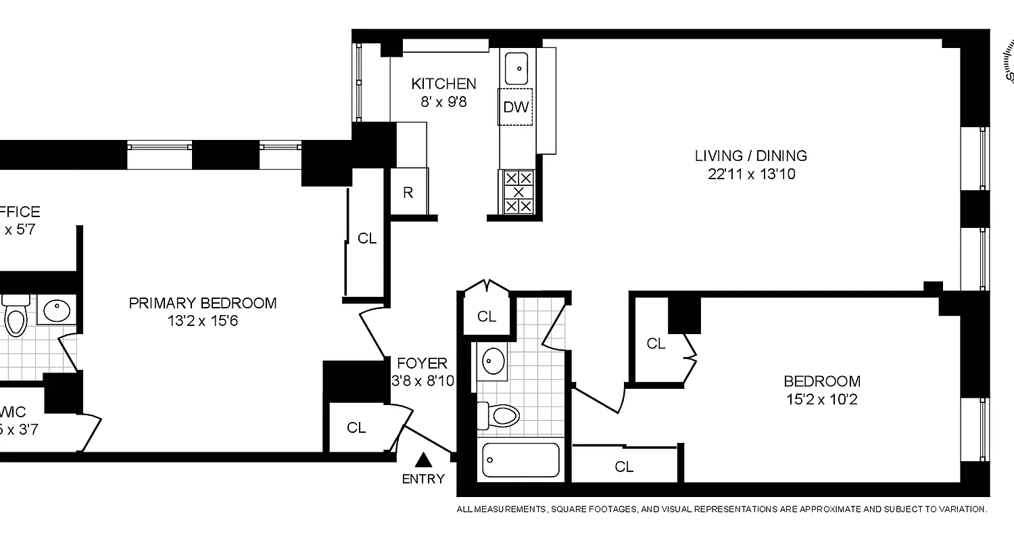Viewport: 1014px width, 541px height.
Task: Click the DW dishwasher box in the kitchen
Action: click(x=516, y=107)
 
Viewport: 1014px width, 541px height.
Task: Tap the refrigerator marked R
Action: click(x=408, y=193)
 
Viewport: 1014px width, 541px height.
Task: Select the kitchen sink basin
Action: click(x=517, y=68)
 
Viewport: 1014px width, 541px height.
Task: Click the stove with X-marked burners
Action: click(x=518, y=192)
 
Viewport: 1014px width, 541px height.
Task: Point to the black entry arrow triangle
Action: click(x=423, y=461)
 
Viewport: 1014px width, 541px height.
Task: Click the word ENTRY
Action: click(x=423, y=479)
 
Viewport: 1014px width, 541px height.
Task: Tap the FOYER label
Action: click(x=422, y=364)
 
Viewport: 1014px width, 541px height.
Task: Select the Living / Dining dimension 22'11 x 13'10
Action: click(x=750, y=174)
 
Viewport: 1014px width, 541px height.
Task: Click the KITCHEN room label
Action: click(x=443, y=84)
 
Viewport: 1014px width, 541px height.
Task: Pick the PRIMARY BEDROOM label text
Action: click(x=203, y=303)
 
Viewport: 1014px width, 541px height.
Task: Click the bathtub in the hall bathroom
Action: click(x=521, y=461)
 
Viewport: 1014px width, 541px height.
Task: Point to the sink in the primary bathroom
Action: click(x=56, y=310)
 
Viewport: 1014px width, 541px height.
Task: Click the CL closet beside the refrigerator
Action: click(x=367, y=239)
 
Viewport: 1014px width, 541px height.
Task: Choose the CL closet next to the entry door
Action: click(x=356, y=427)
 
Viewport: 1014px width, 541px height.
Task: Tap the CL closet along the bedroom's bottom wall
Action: click(x=624, y=467)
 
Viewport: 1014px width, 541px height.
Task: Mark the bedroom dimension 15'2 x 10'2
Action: click(x=821, y=400)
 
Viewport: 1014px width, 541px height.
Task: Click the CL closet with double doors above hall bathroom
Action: click(x=487, y=316)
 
